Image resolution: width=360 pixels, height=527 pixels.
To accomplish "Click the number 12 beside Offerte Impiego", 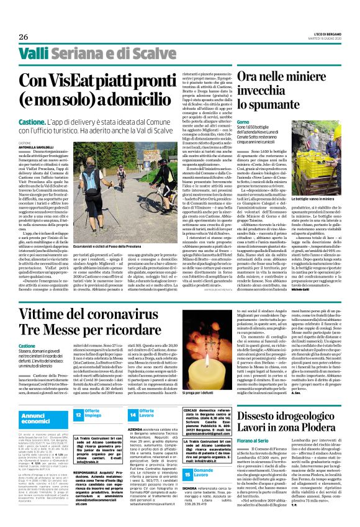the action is (x=78, y=413).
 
